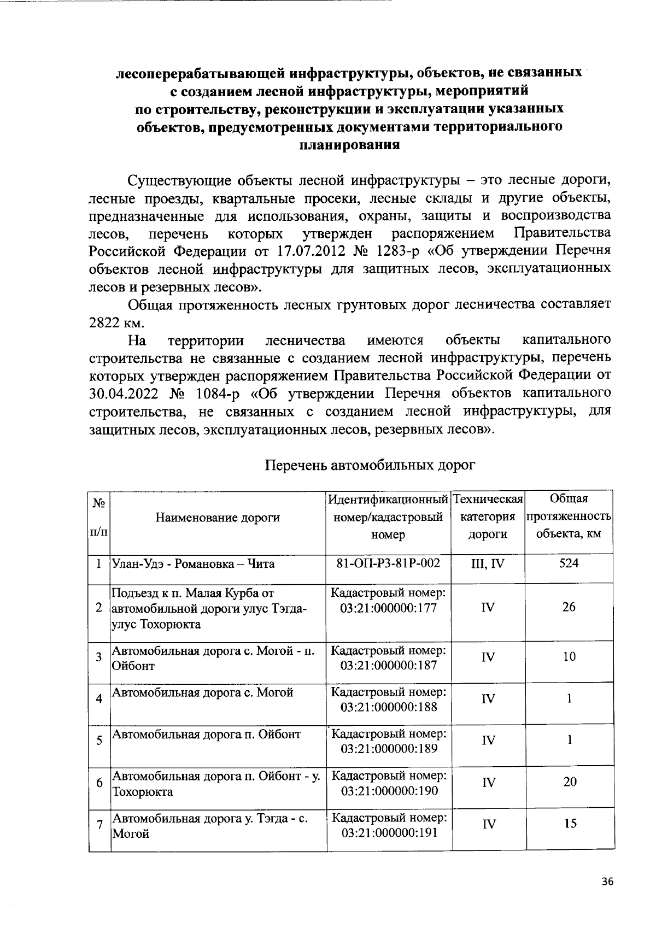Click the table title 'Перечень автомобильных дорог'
coord(370,465)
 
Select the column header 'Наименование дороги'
coord(218,517)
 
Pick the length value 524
coord(569,563)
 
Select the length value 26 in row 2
coord(569,607)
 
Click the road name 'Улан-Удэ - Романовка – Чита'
coord(193,563)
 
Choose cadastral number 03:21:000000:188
coord(389,707)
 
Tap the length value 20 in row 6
coord(570,782)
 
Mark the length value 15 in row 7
coord(570,824)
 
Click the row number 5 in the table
coord(99,741)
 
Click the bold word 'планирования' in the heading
coord(349,145)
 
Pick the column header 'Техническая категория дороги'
coord(488,517)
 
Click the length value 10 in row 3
coord(569,656)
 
